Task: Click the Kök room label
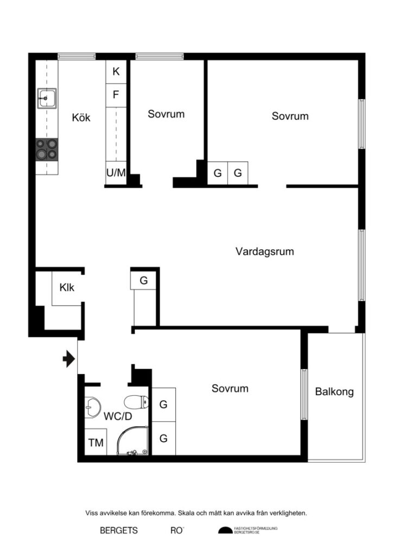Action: click(x=81, y=117)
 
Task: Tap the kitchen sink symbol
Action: click(x=47, y=98)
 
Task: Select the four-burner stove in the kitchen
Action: click(x=47, y=149)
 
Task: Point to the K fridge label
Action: click(x=116, y=71)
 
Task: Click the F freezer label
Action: click(x=116, y=94)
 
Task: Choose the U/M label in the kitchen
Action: click(x=116, y=173)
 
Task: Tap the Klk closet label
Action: click(x=67, y=288)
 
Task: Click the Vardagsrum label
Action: click(x=264, y=251)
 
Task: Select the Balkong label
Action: click(x=334, y=391)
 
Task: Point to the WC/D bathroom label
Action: click(x=118, y=416)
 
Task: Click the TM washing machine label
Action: click(x=96, y=443)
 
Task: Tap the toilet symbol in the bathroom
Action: click(x=136, y=402)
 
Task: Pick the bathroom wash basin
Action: click(x=93, y=406)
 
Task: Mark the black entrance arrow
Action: click(x=69, y=358)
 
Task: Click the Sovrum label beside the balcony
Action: click(x=230, y=389)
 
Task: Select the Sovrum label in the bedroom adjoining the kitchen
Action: click(x=166, y=114)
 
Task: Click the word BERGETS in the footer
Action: click(x=118, y=530)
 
